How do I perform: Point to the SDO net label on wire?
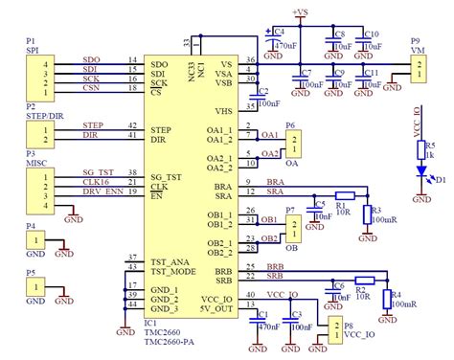pyautogui.click(x=92, y=60)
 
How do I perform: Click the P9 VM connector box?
pyautogui.click(x=420, y=67)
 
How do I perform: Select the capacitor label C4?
pyautogui.click(x=280, y=31)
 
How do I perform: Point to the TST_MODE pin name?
pyautogui.click(x=173, y=271)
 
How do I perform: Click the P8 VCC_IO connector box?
pyautogui.click(x=334, y=330)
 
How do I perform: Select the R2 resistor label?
pyautogui.click(x=361, y=284)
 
